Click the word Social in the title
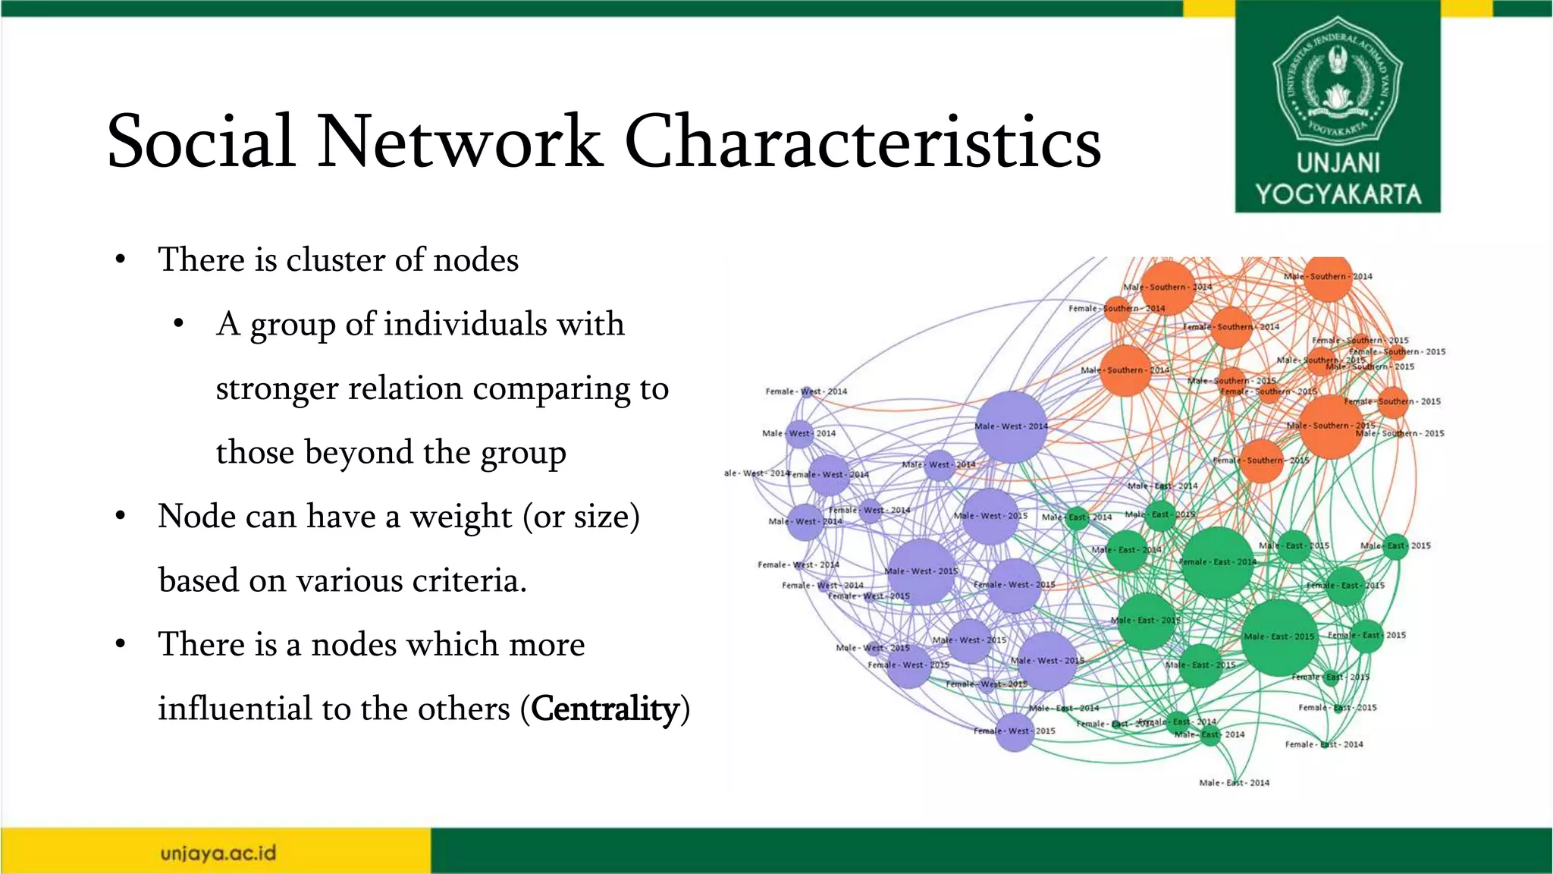tap(200, 141)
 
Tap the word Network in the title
tap(459, 141)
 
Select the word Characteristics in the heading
tap(862, 141)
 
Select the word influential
tap(234, 709)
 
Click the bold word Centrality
tap(604, 709)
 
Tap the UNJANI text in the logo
tap(1338, 163)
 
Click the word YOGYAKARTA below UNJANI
tap(1338, 194)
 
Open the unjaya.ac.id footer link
tap(218, 854)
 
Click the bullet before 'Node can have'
tap(120, 517)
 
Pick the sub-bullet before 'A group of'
tap(178, 325)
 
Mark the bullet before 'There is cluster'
tap(120, 260)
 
